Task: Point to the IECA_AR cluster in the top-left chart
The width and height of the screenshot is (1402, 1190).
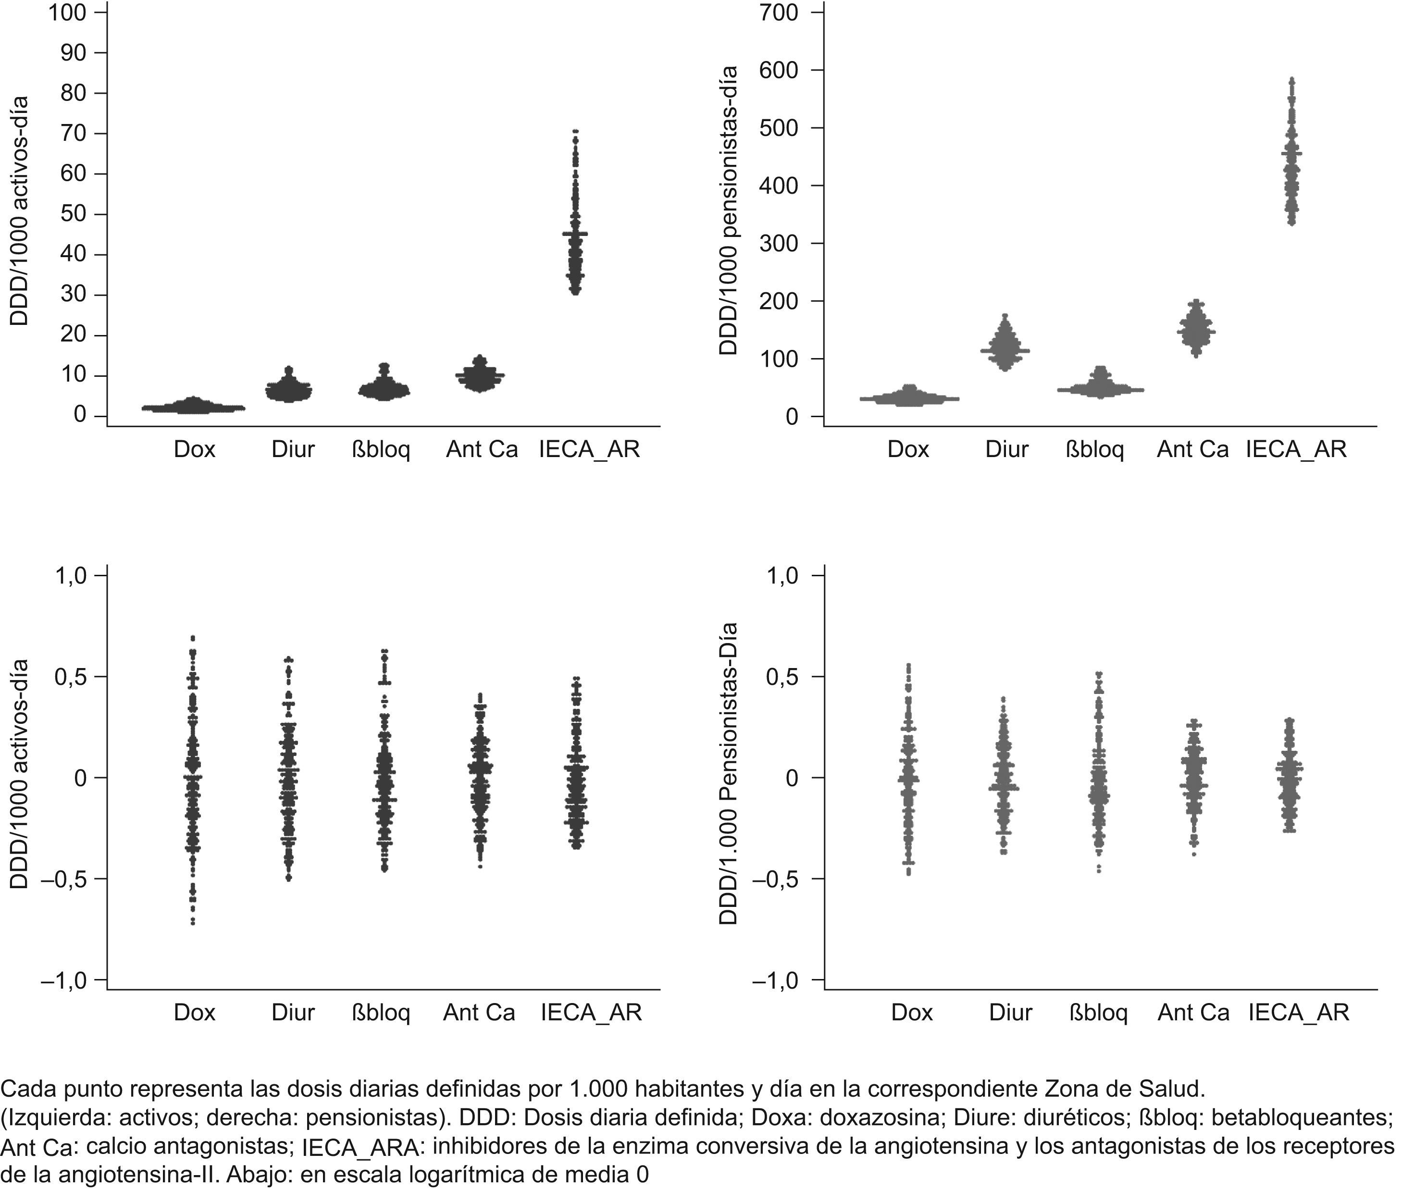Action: [x=575, y=223]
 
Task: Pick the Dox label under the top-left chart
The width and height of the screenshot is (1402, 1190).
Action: [x=194, y=449]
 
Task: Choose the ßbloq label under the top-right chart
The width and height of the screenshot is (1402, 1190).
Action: [x=1094, y=449]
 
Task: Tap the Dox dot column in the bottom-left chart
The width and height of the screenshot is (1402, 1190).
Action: [x=193, y=776]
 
